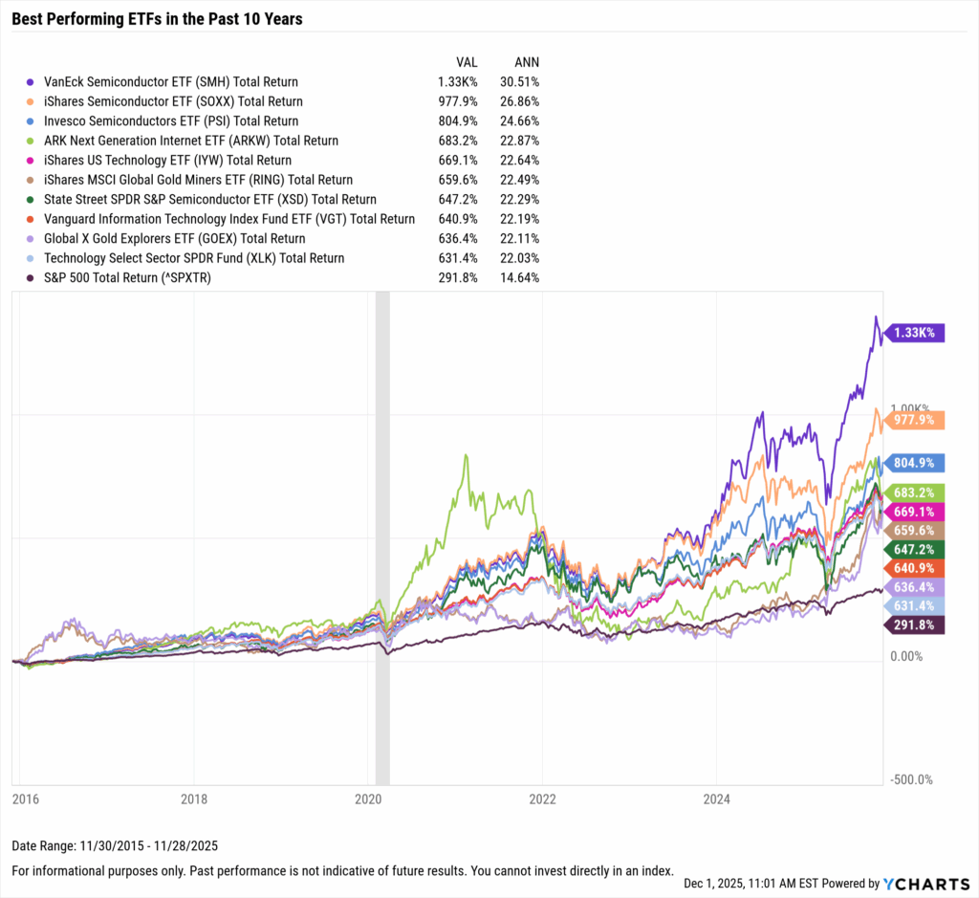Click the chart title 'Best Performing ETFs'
pos(157,18)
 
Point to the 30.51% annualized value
pos(519,82)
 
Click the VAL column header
pos(467,62)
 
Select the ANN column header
pos(526,62)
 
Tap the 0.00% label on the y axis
pos(907,656)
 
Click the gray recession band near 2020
pos(382,536)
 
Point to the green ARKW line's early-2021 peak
pos(466,455)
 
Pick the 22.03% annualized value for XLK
pos(519,258)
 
